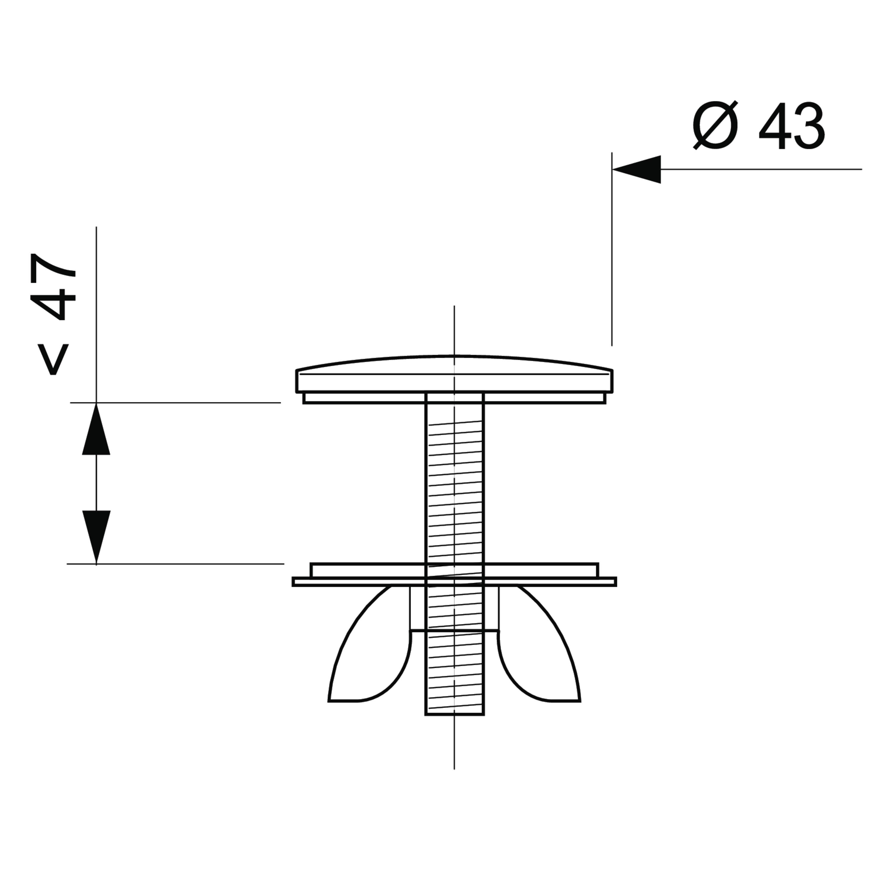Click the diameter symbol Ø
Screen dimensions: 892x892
715,125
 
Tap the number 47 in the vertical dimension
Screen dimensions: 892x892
53,287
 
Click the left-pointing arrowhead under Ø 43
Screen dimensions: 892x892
636,169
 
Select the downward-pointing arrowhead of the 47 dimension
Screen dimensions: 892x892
96,537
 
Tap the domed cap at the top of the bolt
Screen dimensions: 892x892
454,374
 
